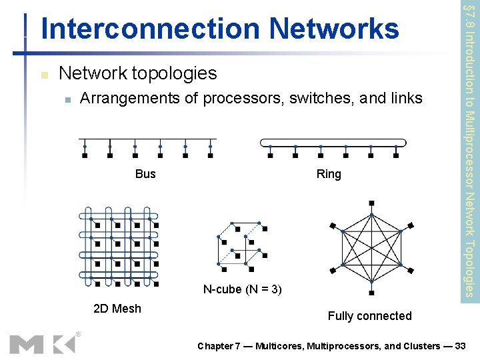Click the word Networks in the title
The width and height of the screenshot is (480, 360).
click(x=334, y=29)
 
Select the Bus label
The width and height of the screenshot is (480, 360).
click(x=145, y=174)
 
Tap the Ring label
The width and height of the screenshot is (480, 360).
click(x=329, y=174)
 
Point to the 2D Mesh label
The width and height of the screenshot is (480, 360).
click(x=117, y=308)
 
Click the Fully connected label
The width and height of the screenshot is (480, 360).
click(x=369, y=316)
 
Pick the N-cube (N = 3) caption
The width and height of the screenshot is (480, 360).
click(x=242, y=289)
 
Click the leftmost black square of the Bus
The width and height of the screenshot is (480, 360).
click(x=85, y=156)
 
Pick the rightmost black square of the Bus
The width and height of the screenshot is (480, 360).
click(x=210, y=156)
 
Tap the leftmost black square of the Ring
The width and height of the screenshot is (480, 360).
click(x=270, y=156)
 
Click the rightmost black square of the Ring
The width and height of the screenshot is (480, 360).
click(x=396, y=156)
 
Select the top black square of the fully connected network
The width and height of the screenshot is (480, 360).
click(x=371, y=203)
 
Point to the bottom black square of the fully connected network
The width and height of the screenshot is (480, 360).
click(x=371, y=292)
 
